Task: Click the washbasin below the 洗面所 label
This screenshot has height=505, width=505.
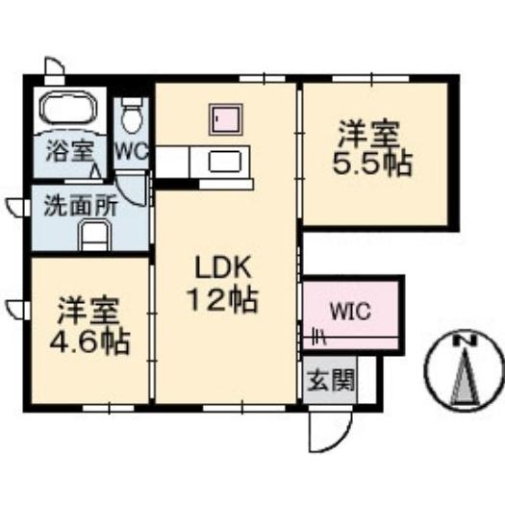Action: [93, 234]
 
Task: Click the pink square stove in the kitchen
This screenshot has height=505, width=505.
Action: [225, 121]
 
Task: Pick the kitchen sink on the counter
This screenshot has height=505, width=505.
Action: [225, 161]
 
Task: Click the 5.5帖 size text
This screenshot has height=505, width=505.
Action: [372, 164]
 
